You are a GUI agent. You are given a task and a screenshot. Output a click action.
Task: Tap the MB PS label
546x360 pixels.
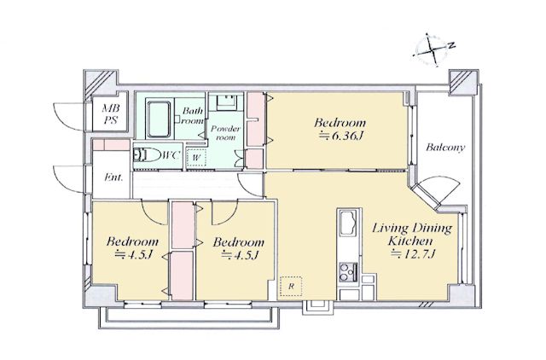(x=110, y=114)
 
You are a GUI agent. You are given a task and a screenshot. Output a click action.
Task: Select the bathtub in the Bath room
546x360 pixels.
(x=160, y=119)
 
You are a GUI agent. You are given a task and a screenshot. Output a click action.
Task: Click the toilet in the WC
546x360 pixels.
(x=148, y=154)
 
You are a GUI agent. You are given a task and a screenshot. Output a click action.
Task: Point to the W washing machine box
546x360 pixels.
(x=196, y=158)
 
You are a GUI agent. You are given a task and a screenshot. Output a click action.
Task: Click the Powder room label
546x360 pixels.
(x=225, y=133)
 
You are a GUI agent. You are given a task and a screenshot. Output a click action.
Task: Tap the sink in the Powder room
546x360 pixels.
(x=226, y=101)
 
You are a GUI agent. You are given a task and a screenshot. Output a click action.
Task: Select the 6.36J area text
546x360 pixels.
(x=341, y=136)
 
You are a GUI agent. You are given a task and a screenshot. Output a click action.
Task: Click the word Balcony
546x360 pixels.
(x=445, y=148)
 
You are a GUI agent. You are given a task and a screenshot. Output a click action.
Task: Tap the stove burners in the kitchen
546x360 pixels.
(x=348, y=272)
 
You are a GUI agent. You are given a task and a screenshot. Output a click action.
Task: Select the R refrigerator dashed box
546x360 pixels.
(x=291, y=286)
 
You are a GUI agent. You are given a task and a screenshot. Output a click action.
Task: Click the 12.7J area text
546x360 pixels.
(x=413, y=254)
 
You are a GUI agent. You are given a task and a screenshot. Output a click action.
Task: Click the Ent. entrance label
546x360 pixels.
(x=113, y=177)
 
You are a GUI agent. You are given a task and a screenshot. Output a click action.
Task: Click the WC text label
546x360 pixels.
(x=171, y=154)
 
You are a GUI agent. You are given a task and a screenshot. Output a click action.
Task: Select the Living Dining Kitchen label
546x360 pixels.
(x=412, y=235)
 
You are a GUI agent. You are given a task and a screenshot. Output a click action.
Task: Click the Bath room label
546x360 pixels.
(x=193, y=116)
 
